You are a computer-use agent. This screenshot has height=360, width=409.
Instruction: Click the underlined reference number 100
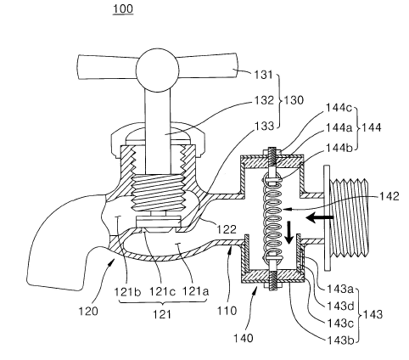123,8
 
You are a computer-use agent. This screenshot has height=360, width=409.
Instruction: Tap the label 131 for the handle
264,75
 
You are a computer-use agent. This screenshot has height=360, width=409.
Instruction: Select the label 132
264,100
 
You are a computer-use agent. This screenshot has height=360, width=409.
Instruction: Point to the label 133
264,126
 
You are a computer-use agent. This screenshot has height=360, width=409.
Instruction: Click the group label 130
294,100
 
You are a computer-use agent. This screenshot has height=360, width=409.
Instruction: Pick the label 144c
339,108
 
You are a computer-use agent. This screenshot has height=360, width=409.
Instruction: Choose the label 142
389,196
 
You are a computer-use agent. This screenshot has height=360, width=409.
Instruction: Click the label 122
227,229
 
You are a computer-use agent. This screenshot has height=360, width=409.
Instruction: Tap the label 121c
162,291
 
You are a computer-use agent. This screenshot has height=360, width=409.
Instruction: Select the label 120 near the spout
88,311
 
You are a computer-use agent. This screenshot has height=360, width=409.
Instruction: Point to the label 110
227,311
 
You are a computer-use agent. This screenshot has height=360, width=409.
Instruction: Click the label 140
244,338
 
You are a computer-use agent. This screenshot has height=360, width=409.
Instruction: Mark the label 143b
340,340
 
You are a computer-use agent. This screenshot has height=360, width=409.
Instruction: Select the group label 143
373,314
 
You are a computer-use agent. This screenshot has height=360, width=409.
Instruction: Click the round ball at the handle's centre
158,70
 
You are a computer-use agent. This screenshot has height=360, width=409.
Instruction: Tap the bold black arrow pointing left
320,217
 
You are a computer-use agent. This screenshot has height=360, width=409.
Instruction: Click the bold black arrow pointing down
289,233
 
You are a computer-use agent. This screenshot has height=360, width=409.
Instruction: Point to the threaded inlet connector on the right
349,218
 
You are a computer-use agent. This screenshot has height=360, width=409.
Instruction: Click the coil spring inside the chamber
272,218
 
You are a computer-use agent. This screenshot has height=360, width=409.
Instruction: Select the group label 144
371,127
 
